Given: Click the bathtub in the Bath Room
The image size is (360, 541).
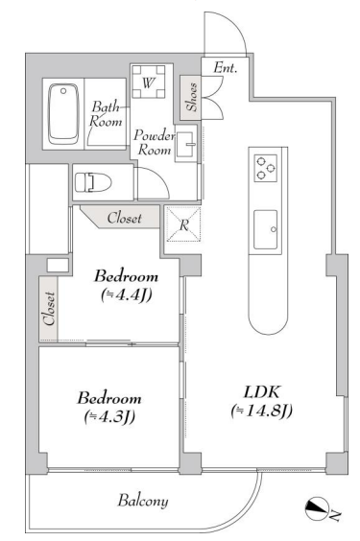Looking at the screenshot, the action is point(63,113).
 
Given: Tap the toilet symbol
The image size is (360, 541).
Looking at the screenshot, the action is point(93,182).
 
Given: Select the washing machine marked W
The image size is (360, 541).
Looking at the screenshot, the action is point(149,82).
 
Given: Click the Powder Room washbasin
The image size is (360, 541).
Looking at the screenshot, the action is point(185,143).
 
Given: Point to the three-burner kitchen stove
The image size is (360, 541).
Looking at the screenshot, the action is point(266,168).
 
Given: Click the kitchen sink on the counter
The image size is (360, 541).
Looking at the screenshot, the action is point(265,229).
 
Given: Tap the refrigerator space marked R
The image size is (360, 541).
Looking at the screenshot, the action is point(183,224).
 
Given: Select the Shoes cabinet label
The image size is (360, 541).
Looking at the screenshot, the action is point(192,97).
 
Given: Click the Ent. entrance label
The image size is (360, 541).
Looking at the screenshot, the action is point(225,67).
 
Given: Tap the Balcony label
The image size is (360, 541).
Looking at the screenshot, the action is point(143,501).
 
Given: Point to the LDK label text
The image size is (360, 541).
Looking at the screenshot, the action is point(262,392).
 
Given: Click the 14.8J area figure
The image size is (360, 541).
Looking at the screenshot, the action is point(262,411).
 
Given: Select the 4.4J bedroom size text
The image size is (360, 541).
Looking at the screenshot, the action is point(127,295).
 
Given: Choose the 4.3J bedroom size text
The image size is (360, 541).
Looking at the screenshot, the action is point(109,417).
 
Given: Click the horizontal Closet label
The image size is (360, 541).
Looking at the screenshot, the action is point(124,218).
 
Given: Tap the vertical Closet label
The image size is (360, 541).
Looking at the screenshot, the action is point(49,309).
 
